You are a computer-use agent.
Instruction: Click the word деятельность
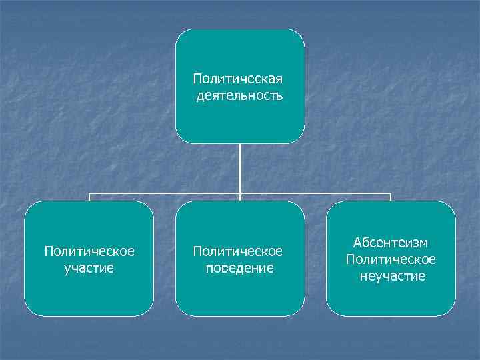pos(239,96)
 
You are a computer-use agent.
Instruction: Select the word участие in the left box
pos(89,267)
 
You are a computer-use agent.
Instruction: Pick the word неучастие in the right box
pos(391,275)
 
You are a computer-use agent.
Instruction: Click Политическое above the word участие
pos(89,251)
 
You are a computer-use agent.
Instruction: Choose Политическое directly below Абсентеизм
pos(391,259)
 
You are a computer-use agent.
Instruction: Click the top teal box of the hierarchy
pos(239,53)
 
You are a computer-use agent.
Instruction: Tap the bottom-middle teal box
pos(239,297)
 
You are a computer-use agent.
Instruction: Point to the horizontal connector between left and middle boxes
pos(163,195)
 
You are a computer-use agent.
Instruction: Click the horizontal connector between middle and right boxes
pos(317,195)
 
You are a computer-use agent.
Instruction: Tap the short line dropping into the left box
pos(89,198)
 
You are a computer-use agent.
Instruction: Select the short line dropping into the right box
pos(391,198)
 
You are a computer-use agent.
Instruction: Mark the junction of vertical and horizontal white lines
pos(240,195)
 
